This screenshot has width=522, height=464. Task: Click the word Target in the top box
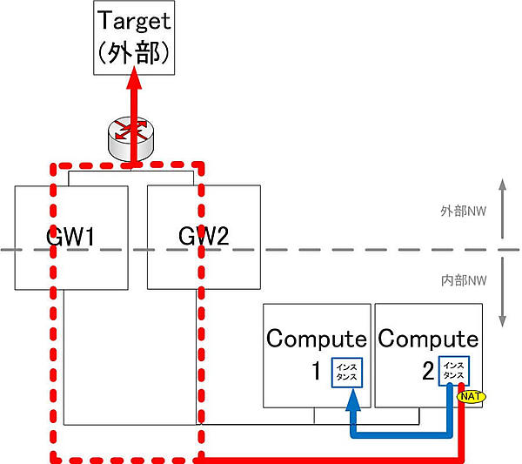133,22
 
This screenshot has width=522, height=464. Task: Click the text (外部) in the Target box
133,53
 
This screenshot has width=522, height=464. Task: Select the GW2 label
204,236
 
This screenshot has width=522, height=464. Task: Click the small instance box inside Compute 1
347,373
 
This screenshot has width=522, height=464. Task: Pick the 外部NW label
462,212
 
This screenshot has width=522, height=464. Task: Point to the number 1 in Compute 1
318,373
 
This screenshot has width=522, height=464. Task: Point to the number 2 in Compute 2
428,373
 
